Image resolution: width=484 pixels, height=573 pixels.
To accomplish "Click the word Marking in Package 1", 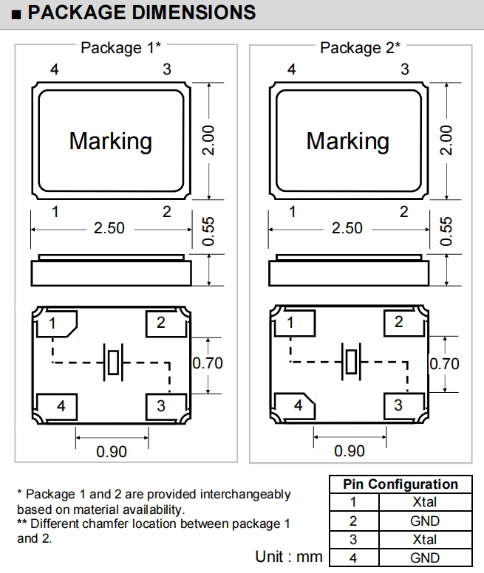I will coord(110,140).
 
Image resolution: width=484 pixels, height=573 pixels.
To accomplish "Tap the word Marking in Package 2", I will coord(347,140).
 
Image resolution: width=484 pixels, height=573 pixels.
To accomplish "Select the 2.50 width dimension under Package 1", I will coord(109,228).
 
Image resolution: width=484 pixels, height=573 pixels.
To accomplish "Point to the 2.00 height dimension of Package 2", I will coord(446,140).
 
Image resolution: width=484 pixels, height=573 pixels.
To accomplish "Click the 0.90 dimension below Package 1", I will coord(112,451).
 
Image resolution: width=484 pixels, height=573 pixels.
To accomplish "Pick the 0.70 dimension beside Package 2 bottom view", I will coord(444,363).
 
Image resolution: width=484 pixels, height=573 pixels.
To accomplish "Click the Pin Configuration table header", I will coord(401,484).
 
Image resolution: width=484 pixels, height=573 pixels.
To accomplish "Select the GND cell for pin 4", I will coord(425,557).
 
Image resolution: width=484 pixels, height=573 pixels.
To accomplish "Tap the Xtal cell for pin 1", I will coord(425,502).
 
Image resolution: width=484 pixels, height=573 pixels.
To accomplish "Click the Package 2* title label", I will coord(360,48).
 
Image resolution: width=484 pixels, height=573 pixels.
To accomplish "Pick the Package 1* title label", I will coord(120,48).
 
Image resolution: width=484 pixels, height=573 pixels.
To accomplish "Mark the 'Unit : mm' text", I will coord(289,556).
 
